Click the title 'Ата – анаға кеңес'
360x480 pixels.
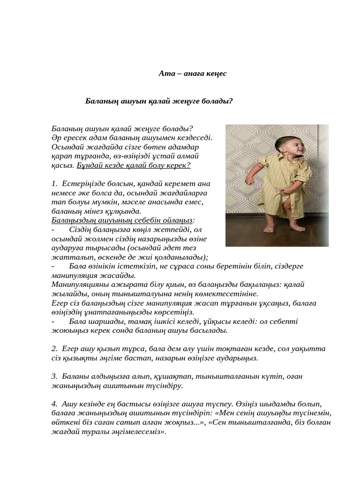point(192,74)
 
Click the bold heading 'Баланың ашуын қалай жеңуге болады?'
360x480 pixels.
point(159,101)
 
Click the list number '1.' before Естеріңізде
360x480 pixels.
point(55,184)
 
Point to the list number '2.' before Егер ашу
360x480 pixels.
point(55,349)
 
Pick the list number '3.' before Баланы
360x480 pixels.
point(55,376)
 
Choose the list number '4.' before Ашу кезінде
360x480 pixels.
point(55,404)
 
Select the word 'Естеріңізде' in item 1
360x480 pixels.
point(80,184)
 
